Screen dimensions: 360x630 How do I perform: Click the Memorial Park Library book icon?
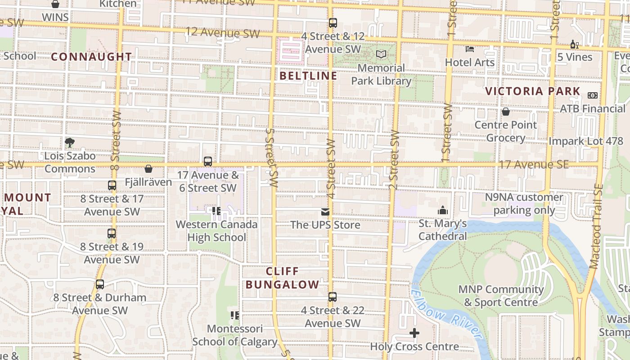point(381,54)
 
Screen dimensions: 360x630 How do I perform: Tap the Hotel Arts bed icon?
point(470,49)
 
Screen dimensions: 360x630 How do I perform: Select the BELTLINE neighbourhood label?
point(308,76)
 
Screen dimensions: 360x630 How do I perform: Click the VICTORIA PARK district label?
point(533,91)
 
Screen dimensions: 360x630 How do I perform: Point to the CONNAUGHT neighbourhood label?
point(92,57)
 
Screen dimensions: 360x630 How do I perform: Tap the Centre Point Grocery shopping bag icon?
point(506,112)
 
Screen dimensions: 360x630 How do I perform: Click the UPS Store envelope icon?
point(325,211)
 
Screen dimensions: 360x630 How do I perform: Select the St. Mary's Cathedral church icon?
point(443,210)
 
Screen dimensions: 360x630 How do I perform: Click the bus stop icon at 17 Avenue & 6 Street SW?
point(208,161)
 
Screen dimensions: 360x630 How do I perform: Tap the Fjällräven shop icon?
point(148,169)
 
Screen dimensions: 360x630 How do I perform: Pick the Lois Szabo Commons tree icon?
point(70,143)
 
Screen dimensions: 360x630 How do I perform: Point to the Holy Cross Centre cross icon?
point(414,333)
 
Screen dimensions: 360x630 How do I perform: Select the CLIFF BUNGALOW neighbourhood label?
point(283,278)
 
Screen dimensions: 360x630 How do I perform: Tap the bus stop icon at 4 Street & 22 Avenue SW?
point(333,297)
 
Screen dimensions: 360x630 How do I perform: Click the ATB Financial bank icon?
point(593,95)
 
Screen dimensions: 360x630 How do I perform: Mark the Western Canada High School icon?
point(216,211)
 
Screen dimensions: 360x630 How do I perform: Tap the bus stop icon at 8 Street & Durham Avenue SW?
point(100,284)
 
